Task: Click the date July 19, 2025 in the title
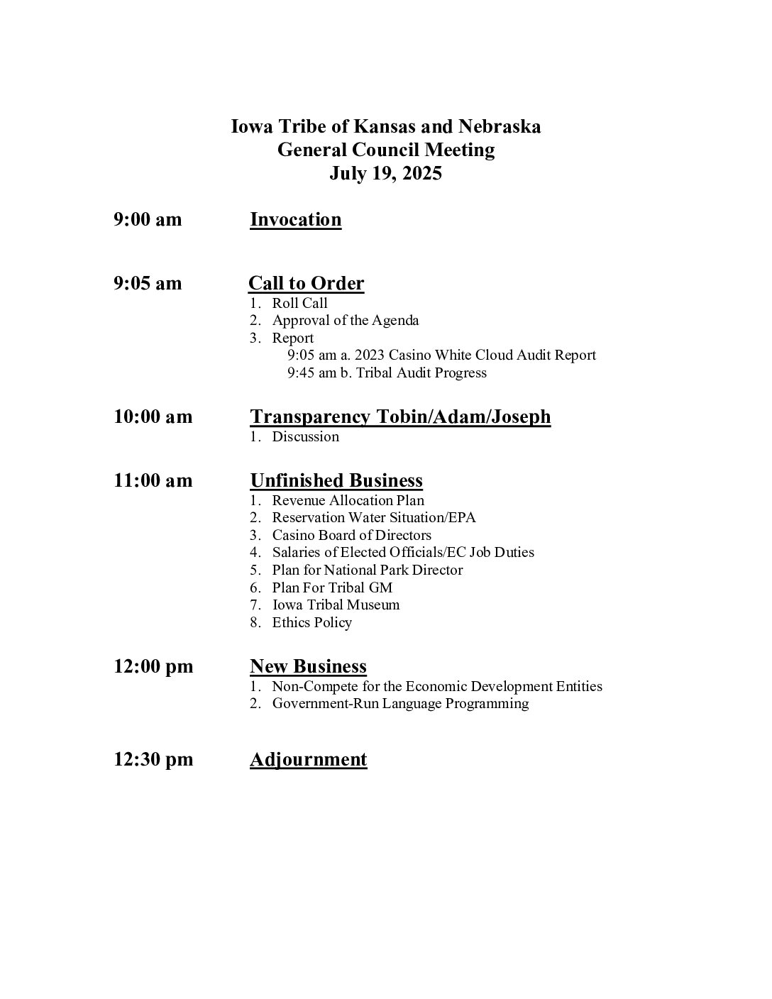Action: (385, 174)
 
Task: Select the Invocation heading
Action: (295, 219)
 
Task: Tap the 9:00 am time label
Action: (148, 219)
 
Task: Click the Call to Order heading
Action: (306, 283)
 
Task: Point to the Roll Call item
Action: (299, 303)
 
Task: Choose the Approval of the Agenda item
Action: (345, 320)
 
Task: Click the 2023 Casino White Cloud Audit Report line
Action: (441, 355)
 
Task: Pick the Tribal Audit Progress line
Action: (387, 372)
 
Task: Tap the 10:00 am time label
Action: (153, 416)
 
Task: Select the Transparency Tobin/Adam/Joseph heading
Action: (400, 416)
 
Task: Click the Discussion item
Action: (305, 436)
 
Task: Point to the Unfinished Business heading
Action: (336, 480)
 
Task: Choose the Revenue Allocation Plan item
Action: (348, 500)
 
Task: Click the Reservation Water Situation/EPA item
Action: (373, 517)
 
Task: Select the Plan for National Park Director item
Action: (367, 570)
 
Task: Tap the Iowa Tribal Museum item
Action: (336, 605)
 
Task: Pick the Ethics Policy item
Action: (311, 622)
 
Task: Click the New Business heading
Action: (308, 666)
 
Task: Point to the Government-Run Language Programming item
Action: (400, 703)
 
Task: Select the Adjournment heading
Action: (308, 759)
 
